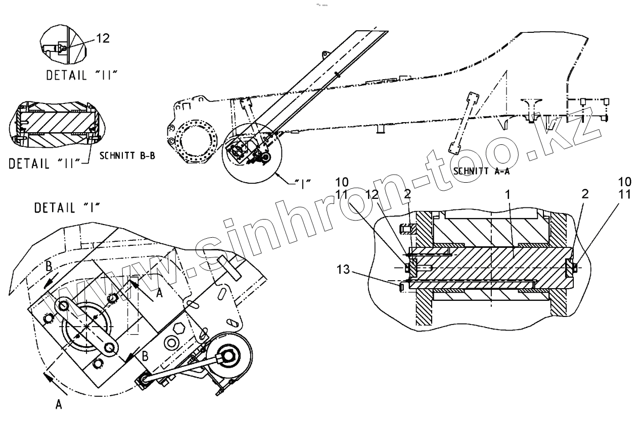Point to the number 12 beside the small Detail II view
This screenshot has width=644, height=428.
point(102,38)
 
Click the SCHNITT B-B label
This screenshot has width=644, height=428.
point(127,156)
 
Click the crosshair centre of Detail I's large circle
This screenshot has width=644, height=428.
point(87,327)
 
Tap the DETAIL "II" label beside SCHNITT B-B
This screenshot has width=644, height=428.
point(45,164)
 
